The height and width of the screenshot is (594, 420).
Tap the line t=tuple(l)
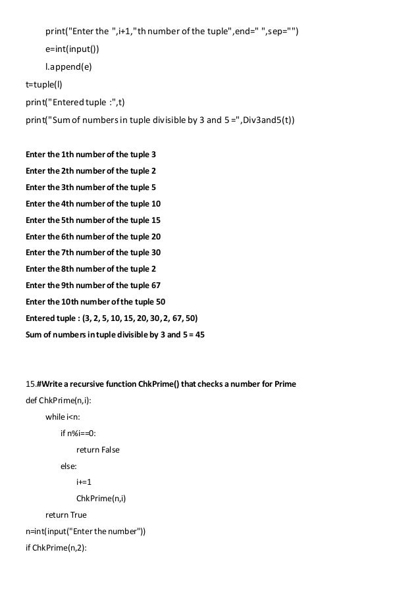click(x=43, y=84)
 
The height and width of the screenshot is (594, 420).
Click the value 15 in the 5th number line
click(x=155, y=220)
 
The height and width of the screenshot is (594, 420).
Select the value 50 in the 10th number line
click(x=161, y=302)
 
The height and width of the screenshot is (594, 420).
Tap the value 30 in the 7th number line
click(x=155, y=253)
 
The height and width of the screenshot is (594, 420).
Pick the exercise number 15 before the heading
click(x=30, y=383)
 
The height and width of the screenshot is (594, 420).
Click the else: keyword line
click(x=68, y=466)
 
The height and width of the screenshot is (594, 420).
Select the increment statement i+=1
click(x=84, y=482)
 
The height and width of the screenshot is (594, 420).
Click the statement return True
click(x=65, y=515)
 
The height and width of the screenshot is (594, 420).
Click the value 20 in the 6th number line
click(x=155, y=237)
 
